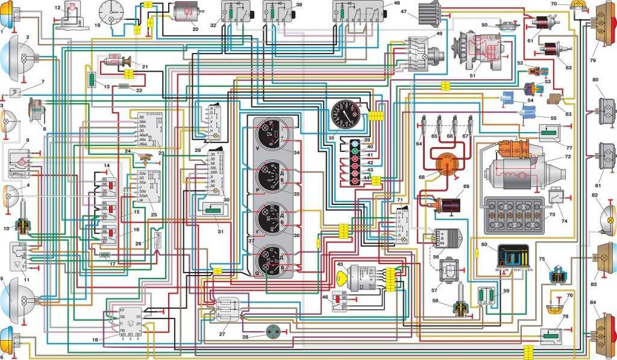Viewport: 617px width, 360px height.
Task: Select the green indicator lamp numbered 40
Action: pyautogui.click(x=355, y=147)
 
